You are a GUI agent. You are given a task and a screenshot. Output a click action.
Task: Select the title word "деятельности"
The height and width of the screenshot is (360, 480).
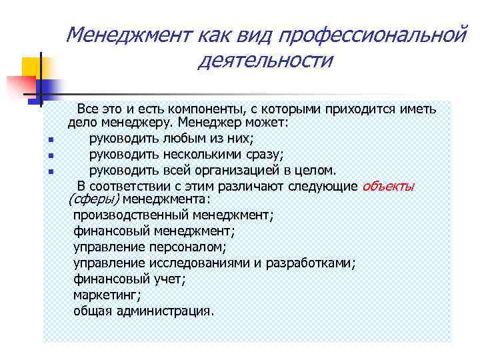(x=265, y=61)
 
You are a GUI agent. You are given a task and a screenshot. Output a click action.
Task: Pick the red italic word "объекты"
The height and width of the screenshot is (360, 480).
(x=388, y=186)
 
